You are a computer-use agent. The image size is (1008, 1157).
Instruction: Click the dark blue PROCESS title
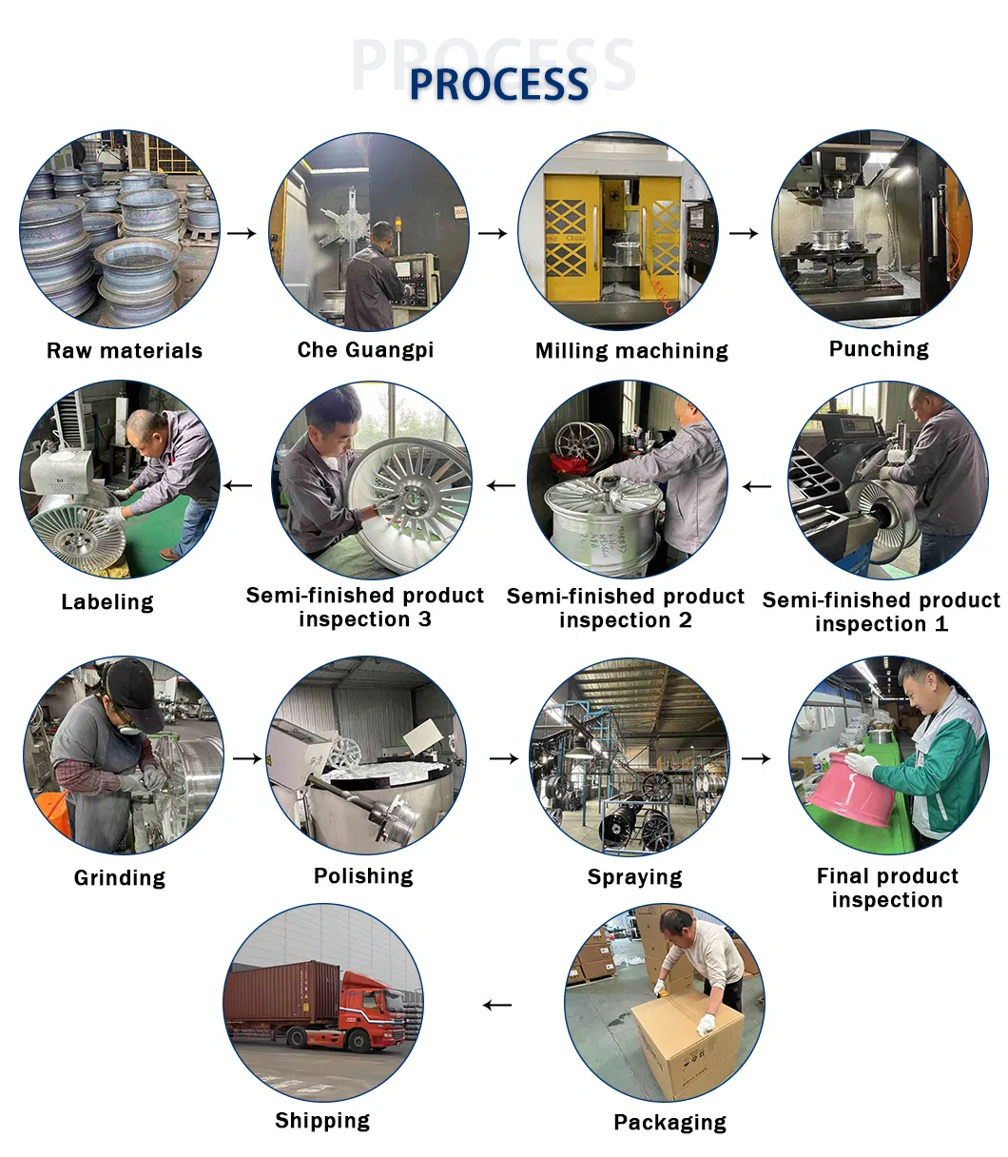(x=498, y=84)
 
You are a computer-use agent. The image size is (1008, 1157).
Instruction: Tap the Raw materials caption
(x=125, y=351)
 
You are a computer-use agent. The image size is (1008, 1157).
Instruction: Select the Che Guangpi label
(x=365, y=350)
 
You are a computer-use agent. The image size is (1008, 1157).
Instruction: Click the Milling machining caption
(x=631, y=351)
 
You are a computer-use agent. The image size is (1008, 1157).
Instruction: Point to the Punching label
(x=879, y=349)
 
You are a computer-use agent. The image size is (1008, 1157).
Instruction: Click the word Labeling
(x=107, y=602)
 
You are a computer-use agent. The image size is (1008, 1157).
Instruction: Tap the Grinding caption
(x=120, y=877)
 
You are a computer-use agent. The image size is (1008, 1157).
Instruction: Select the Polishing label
(x=363, y=876)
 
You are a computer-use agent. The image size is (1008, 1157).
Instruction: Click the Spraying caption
(x=634, y=877)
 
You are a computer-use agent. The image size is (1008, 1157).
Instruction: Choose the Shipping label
(x=322, y=1121)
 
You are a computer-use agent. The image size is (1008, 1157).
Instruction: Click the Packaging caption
(x=669, y=1123)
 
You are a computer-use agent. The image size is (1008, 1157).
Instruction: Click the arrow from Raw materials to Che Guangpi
(x=242, y=233)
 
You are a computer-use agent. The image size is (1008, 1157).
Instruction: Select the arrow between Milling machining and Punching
(x=744, y=233)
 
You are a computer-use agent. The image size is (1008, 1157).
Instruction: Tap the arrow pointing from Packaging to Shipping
(x=496, y=1005)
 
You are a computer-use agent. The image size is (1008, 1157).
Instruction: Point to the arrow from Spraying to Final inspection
(x=756, y=758)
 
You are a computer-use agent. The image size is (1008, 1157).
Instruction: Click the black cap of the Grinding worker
(x=134, y=683)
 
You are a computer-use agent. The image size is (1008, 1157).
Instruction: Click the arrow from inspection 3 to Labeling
(x=238, y=486)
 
